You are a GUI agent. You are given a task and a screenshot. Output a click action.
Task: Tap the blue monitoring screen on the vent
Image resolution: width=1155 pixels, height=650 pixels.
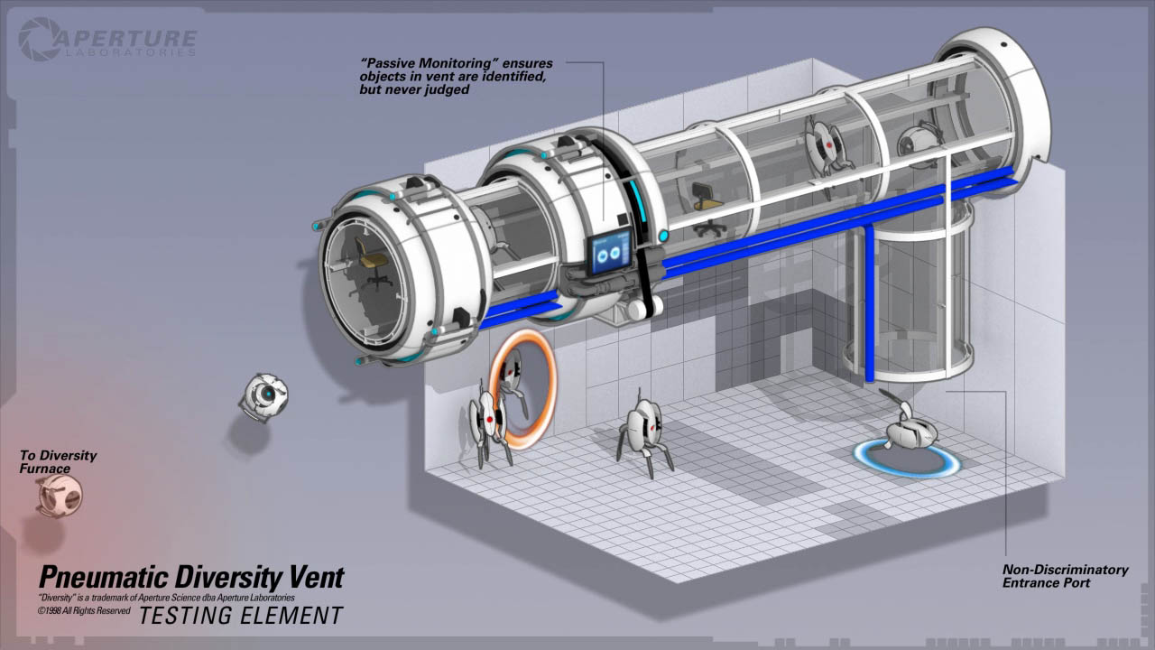click(611, 252)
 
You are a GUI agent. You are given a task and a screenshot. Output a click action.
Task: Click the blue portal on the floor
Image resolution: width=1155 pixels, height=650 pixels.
click(908, 459)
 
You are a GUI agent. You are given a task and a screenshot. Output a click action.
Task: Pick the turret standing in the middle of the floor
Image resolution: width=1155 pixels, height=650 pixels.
click(644, 433)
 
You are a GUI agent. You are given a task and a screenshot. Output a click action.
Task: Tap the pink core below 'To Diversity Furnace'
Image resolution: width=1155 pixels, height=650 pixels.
click(60, 497)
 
